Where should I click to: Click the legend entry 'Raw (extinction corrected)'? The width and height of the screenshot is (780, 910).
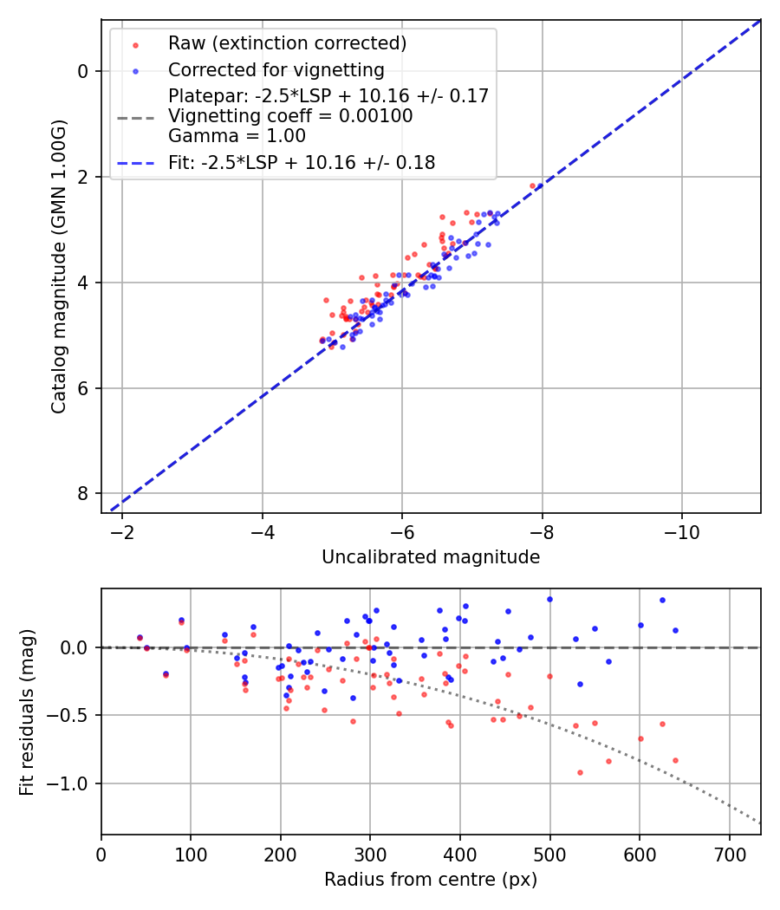287,43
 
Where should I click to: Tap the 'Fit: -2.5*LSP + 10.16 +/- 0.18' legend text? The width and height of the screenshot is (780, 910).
302,162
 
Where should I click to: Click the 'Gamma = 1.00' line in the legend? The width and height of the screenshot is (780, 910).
237,135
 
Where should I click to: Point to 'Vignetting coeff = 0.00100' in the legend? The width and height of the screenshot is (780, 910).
290,116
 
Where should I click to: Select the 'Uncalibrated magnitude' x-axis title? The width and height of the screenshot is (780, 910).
431,557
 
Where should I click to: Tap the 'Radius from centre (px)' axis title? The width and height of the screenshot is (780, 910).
431,880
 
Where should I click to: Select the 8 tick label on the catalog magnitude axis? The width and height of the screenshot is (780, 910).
82,493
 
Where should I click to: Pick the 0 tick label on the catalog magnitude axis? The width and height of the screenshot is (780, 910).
82,71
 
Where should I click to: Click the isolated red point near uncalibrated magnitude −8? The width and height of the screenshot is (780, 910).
533,185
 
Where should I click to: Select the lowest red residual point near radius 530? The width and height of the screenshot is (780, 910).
580,772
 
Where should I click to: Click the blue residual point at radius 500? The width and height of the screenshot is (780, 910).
549,599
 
